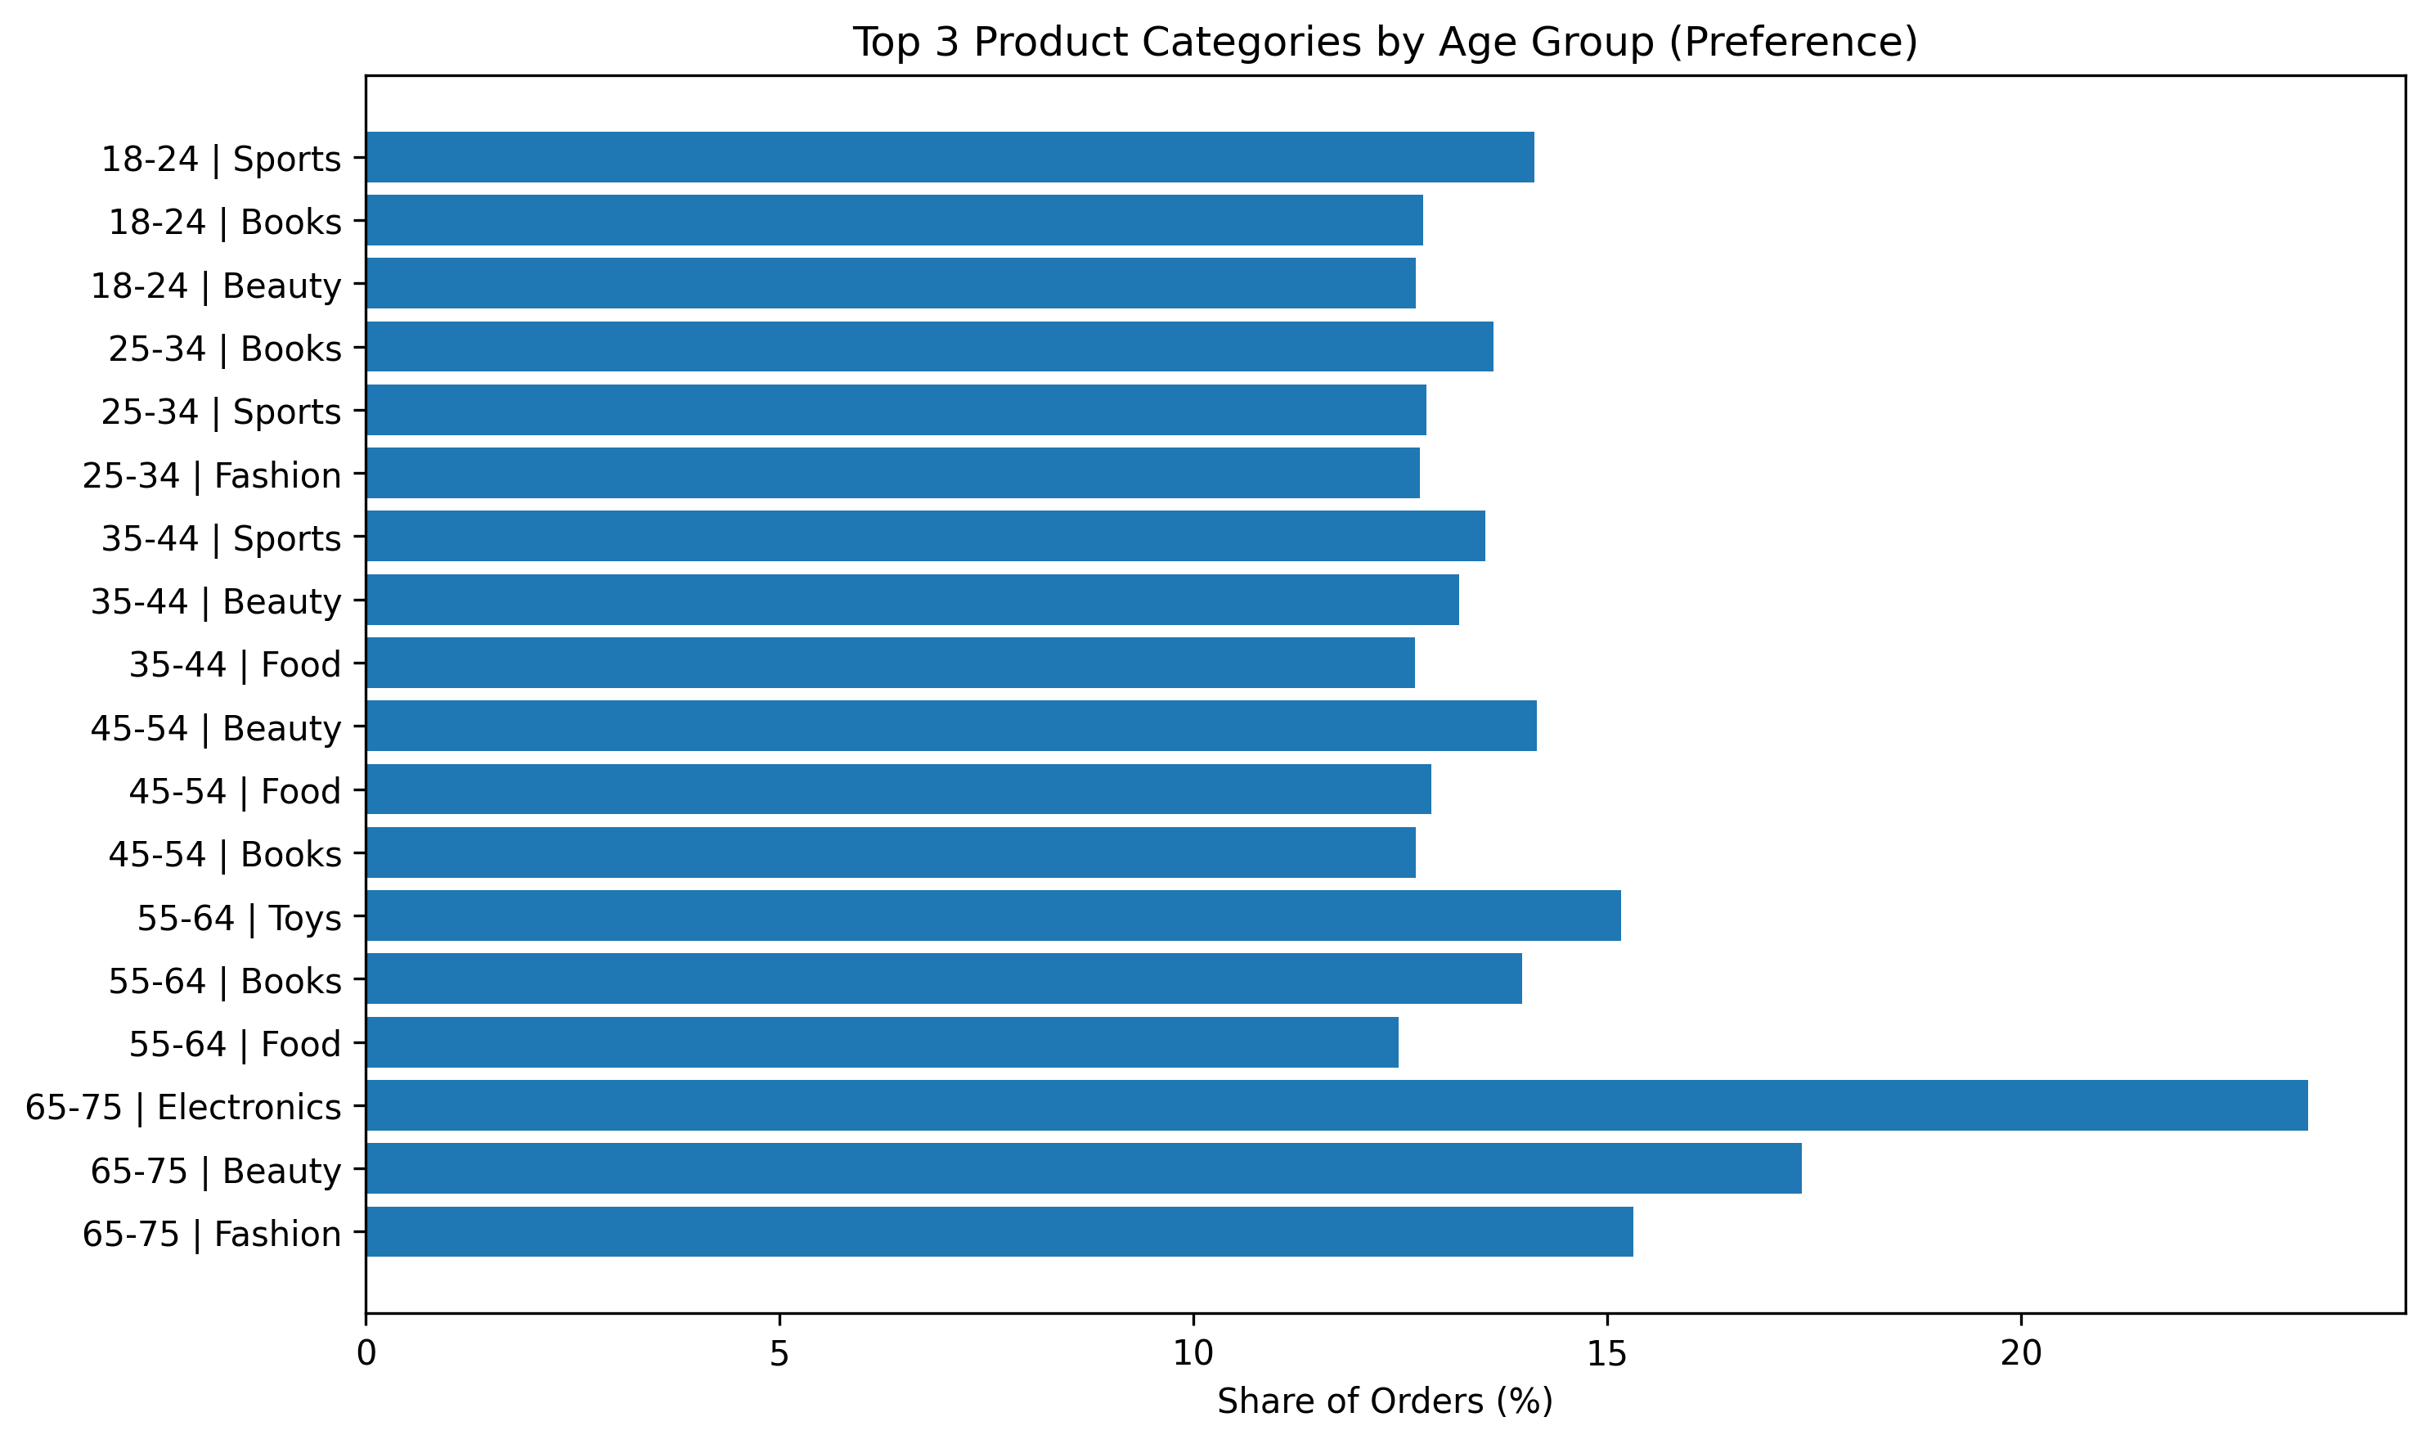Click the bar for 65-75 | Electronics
click(1336, 1105)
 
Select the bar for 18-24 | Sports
click(950, 156)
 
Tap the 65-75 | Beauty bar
click(1083, 1168)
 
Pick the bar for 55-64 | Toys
click(992, 915)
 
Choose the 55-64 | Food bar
click(882, 1042)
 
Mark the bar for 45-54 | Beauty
click(950, 726)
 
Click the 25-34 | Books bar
click(929, 346)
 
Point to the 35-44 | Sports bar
click(925, 536)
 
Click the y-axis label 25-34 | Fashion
click(212, 476)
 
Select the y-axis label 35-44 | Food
click(236, 666)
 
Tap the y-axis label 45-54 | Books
click(225, 855)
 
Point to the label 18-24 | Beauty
click(216, 286)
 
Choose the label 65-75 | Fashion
click(212, 1235)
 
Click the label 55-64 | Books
click(225, 982)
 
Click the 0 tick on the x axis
click(366, 1355)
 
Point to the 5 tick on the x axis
click(779, 1355)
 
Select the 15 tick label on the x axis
click(1606, 1355)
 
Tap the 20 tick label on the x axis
click(2020, 1355)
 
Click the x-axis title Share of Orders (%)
click(1384, 1401)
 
